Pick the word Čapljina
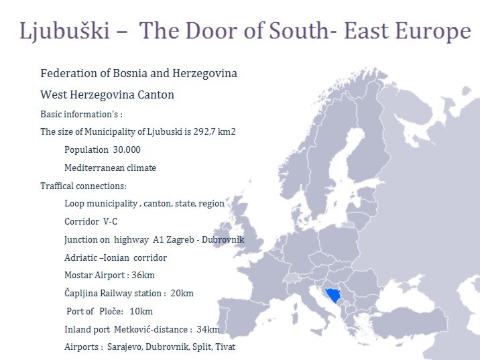(83, 293)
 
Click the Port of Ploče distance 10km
(141, 311)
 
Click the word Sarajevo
(126, 347)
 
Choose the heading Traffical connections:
(83, 186)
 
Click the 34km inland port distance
(208, 329)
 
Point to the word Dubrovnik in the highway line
(223, 239)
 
